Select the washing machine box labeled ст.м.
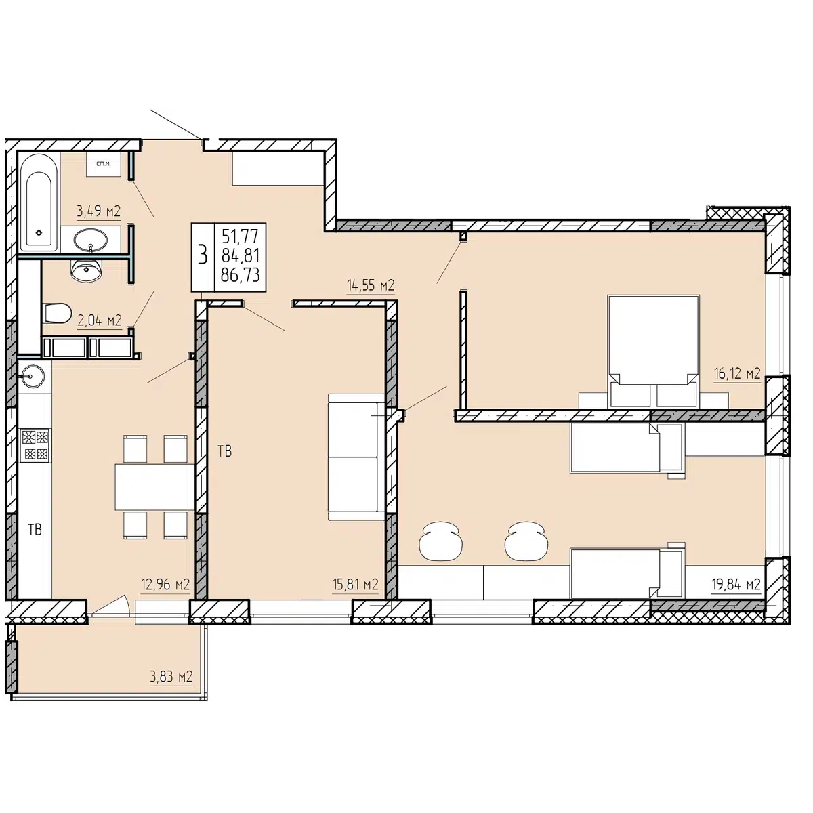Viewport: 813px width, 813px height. coord(104,164)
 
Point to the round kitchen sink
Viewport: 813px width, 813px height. coord(33,375)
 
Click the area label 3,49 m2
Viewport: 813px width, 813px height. coord(99,211)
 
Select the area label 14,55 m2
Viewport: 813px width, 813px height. coord(371,286)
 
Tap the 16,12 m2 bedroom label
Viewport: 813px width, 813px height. coord(737,373)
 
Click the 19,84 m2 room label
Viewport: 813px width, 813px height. coord(736,584)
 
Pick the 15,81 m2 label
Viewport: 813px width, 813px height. coord(355,584)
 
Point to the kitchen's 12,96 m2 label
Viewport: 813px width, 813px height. coord(165,584)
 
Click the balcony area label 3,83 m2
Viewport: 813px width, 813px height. coord(171,677)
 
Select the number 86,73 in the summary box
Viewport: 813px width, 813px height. coord(240,276)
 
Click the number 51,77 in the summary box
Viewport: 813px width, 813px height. coord(240,236)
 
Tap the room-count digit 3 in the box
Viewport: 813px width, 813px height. coord(203,255)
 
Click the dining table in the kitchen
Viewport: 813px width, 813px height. coord(155,487)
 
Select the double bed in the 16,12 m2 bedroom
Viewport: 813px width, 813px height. coord(653,351)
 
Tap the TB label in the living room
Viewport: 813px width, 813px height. coord(225,452)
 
